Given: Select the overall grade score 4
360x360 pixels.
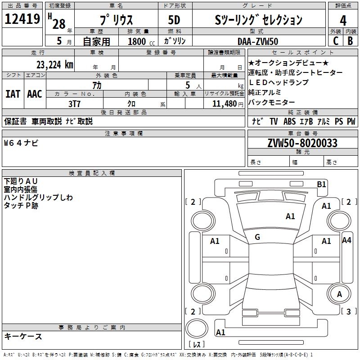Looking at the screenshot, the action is (x=343, y=20).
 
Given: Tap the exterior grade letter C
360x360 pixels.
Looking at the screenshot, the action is (x=336, y=40).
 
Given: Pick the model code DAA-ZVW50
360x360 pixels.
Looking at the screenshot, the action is (x=258, y=41).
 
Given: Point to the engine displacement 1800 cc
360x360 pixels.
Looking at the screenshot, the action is (x=140, y=41).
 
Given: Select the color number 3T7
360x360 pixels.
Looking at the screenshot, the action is (x=74, y=103).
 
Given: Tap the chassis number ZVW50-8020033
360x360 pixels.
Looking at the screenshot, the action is (x=302, y=143).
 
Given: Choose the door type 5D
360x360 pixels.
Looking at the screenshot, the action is (x=174, y=20).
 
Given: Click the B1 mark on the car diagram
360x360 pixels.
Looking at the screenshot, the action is (x=321, y=184).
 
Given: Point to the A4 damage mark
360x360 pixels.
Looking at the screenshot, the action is (x=346, y=240).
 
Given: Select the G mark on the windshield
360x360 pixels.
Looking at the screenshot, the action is (x=257, y=237).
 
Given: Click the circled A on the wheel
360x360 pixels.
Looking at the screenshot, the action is (x=339, y=294).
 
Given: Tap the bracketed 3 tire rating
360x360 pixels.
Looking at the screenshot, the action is (x=348, y=311).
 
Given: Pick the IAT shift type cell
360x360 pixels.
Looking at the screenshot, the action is (x=13, y=94).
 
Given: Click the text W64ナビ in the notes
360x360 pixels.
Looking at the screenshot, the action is (x=21, y=143).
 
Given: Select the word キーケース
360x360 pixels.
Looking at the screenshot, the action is (x=23, y=337).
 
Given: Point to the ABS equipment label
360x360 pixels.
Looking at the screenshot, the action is (x=289, y=121).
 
